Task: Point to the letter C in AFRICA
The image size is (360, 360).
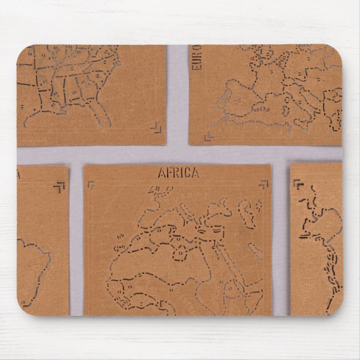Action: [x=188, y=173]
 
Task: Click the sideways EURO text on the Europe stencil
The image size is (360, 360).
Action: [x=197, y=61]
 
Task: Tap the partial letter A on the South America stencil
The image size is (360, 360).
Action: [x=20, y=175]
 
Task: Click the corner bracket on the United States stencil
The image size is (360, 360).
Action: [x=156, y=130]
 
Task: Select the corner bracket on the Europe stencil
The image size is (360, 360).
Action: [x=209, y=135]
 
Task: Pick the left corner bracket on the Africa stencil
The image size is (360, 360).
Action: [x=92, y=184]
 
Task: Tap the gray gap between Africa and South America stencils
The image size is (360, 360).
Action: [x=76, y=240]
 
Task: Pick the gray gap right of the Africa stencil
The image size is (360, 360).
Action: [x=281, y=240]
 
